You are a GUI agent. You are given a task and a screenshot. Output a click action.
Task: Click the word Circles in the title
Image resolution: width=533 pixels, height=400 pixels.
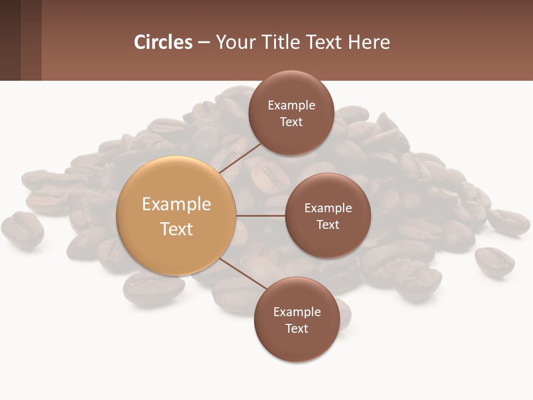163,42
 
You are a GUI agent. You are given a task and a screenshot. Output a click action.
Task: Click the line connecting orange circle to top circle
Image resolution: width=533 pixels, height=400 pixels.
240,157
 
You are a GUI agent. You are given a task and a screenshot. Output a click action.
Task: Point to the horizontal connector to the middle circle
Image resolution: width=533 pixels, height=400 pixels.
261,216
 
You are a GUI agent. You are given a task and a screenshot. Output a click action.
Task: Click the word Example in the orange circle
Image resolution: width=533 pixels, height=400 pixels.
177,204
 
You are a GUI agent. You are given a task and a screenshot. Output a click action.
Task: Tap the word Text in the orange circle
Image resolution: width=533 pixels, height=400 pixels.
177,229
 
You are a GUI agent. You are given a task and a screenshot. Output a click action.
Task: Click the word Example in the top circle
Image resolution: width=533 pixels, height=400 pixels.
291,106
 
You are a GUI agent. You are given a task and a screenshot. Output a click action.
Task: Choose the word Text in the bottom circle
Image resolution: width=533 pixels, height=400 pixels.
297,329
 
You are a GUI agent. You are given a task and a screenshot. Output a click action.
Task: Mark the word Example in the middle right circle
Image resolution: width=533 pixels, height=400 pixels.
328,208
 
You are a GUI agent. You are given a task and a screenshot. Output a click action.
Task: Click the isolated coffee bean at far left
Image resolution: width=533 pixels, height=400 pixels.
22,229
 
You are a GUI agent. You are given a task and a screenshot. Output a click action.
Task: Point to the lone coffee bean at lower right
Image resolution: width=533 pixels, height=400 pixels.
494,261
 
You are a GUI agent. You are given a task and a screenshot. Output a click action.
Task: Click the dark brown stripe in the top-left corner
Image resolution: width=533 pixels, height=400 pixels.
10,40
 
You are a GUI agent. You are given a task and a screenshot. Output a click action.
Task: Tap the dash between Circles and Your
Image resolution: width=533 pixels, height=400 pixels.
204,43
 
